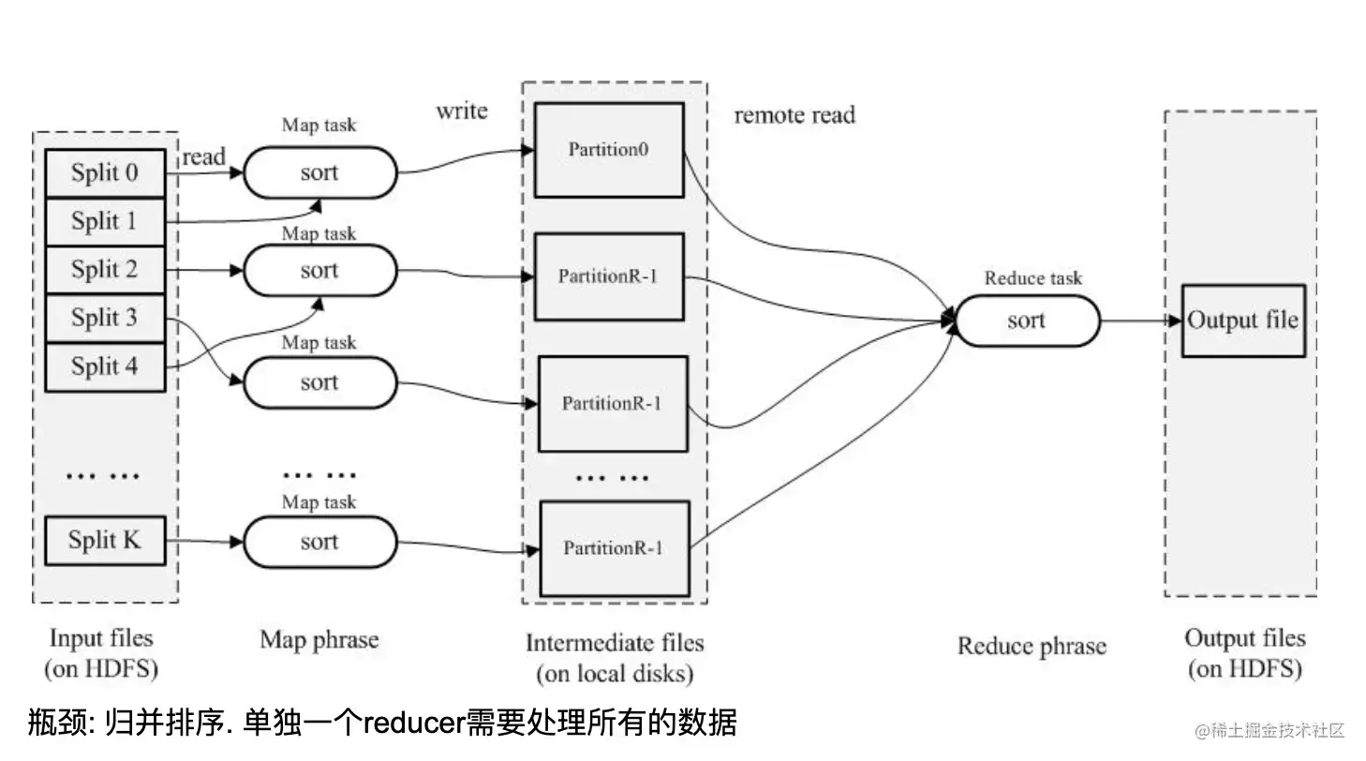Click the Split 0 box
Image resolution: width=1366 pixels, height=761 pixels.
point(105,173)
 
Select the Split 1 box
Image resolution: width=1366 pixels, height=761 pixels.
point(105,222)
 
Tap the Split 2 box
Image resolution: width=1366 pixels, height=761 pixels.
point(105,270)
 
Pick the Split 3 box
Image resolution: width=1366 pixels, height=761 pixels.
point(105,319)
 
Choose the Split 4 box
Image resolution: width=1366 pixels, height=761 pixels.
point(105,366)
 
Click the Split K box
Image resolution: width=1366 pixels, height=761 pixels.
point(105,541)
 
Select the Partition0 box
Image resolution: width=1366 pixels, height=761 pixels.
point(609,150)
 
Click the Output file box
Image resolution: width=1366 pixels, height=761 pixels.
point(1242,321)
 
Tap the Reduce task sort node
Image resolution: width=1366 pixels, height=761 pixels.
point(1027,321)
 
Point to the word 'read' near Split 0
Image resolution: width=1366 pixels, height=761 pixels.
point(203,157)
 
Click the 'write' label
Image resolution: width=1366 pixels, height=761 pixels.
point(462,111)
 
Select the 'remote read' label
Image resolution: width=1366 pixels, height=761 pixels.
point(794,115)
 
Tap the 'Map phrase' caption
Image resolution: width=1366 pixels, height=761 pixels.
point(319,640)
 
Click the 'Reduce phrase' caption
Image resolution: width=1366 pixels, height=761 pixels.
point(1032,646)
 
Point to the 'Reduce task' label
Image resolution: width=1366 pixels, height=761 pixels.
point(1032,278)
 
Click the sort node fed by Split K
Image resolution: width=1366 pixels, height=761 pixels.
point(319,542)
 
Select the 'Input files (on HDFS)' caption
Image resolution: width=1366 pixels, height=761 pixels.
point(101,653)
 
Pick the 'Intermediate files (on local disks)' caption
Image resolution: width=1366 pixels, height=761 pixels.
point(615,657)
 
